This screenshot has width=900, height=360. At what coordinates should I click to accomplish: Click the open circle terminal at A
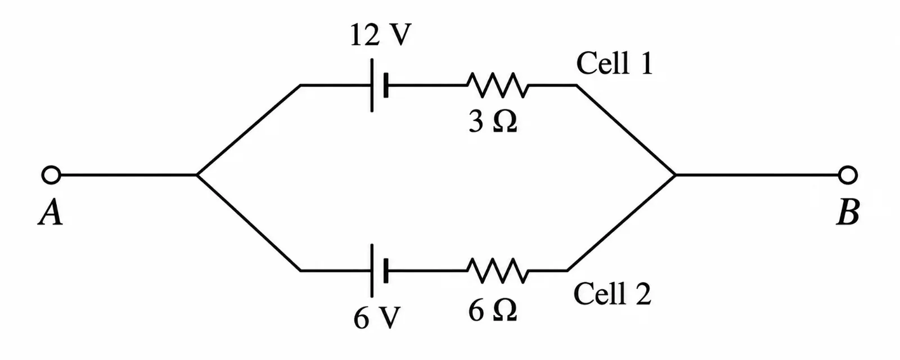[x=51, y=175]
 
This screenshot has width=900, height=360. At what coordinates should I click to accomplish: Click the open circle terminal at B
[x=848, y=175]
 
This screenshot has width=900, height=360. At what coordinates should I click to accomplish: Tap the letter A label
[x=51, y=213]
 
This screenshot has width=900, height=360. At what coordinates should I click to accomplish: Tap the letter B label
[x=848, y=213]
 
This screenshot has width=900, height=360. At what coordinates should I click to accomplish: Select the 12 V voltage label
[x=381, y=35]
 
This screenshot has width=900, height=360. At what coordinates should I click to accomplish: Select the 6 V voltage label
[x=377, y=318]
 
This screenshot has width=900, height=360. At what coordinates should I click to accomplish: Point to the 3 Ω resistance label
[x=493, y=121]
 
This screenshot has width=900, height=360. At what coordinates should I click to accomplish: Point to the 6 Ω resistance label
[x=493, y=310]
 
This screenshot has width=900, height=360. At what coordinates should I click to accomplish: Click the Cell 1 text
[x=614, y=63]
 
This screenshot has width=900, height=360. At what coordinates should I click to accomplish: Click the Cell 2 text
[x=613, y=293]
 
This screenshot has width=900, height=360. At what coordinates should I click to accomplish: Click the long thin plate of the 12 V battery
[x=372, y=85]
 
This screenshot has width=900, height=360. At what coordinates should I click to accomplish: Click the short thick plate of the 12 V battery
[x=386, y=85]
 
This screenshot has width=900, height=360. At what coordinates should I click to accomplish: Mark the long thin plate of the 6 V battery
[x=372, y=271]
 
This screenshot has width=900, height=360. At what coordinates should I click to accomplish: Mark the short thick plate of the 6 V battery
[x=386, y=271]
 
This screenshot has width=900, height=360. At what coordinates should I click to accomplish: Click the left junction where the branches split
[x=197, y=175]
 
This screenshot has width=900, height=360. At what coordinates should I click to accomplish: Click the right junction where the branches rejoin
[x=676, y=175]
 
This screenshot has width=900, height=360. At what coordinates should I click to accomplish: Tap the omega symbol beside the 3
[x=504, y=121]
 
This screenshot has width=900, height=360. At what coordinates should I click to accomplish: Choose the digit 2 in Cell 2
[x=642, y=293]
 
